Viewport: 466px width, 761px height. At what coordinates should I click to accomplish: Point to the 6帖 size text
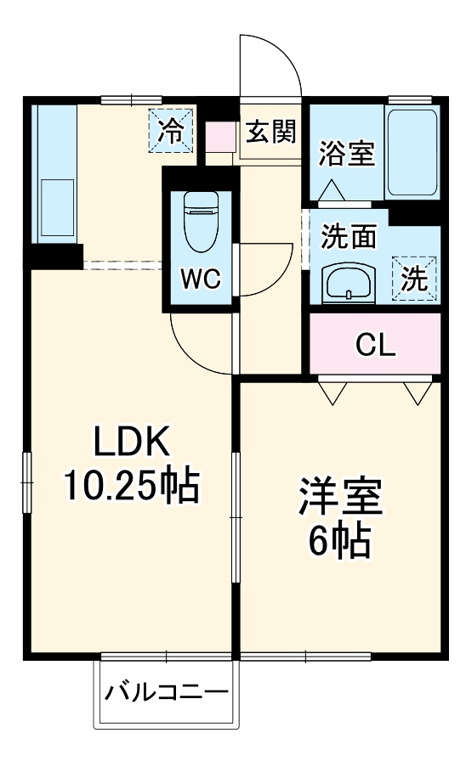[339, 539]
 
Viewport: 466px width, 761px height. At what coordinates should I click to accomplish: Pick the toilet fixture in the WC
[200, 222]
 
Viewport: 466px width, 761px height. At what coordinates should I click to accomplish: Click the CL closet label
[375, 345]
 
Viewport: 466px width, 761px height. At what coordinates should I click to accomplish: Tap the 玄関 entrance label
[271, 132]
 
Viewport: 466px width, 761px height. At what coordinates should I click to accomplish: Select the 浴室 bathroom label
[347, 155]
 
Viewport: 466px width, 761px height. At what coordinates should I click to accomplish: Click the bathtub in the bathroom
[413, 152]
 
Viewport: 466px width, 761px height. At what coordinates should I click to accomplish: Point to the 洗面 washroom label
[348, 237]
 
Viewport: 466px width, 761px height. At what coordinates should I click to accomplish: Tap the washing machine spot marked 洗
[414, 279]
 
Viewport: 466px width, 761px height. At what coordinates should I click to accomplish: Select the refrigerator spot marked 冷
[172, 132]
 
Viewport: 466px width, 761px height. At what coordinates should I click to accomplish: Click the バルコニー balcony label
[167, 692]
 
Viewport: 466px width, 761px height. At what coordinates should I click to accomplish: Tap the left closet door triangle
[332, 391]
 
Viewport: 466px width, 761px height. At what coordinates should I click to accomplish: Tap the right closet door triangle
[417, 391]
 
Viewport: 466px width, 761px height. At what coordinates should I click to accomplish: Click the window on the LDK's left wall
[26, 482]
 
